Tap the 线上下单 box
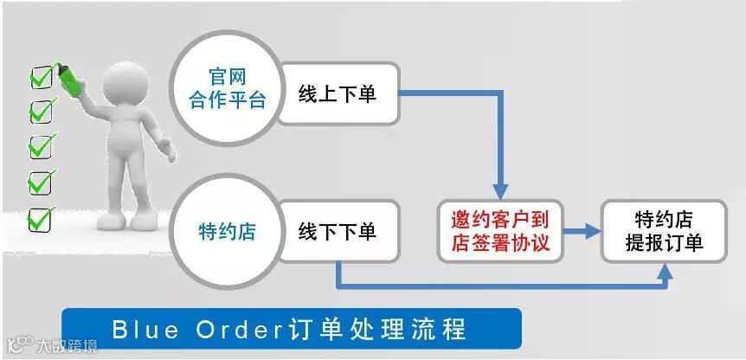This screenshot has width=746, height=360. point(338,93)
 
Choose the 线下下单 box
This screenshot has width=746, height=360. point(338,231)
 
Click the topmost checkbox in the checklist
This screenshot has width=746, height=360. point(40,79)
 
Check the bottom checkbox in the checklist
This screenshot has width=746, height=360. point(40,219)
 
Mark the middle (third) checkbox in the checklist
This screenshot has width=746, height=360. point(40,147)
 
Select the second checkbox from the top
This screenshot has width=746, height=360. point(40,112)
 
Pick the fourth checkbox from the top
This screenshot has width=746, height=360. point(40,183)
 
